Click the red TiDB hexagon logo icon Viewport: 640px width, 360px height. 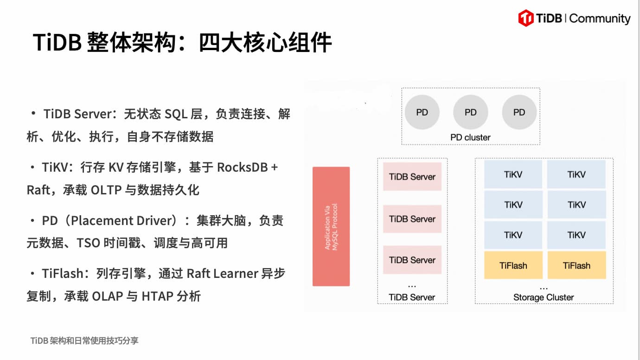[x=526, y=18]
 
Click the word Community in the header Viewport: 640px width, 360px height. [x=600, y=19]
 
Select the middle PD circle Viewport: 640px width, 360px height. [x=471, y=112]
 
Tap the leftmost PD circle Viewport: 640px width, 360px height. [x=422, y=112]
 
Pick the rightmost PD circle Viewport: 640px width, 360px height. [x=519, y=112]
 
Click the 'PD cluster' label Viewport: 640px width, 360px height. [x=470, y=137]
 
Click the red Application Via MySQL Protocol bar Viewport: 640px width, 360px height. [x=331, y=226]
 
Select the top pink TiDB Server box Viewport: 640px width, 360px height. [x=412, y=177]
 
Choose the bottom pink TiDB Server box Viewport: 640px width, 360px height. [x=412, y=260]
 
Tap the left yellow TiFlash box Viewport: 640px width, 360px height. [x=513, y=265]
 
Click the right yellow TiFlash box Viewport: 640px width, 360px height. [x=576, y=265]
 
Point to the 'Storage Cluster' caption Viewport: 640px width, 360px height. [x=544, y=297]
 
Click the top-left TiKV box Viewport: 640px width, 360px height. [x=513, y=174]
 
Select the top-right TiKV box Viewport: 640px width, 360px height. [x=576, y=174]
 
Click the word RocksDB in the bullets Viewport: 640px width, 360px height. [x=242, y=167]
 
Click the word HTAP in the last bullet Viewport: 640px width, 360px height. [x=157, y=296]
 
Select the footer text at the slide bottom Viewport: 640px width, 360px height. [x=84, y=341]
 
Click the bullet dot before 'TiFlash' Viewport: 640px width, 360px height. [x=32, y=274]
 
